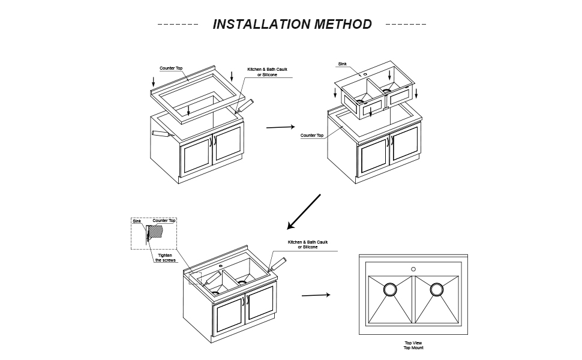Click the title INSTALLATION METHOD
coord(292,25)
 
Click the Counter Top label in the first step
coord(171,68)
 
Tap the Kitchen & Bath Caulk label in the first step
coord(267,72)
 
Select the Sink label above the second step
coord(342,64)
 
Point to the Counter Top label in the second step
coord(312,136)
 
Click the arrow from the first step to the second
coord(280,127)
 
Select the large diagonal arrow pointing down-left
coord(304,212)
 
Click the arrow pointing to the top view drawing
coord(316,295)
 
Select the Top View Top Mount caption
coord(413,345)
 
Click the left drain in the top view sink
coord(390,290)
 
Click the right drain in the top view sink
coord(436,290)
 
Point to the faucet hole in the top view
coord(413,269)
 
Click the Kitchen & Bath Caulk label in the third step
coord(308,244)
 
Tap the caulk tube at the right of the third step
coord(279,264)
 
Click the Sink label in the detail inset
coord(136,221)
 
